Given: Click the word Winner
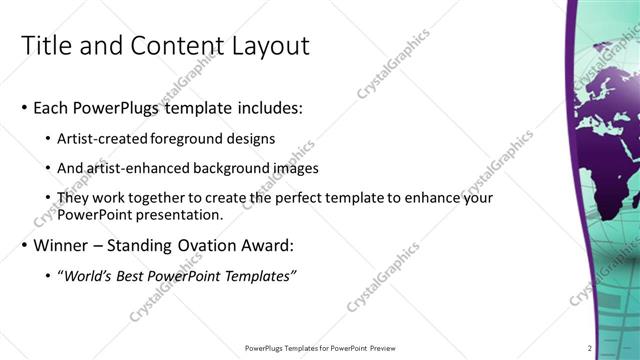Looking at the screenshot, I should pyautogui.click(x=63, y=245).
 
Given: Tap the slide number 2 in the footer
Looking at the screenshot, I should pyautogui.click(x=590, y=348).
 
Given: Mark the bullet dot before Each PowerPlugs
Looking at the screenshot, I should pyautogui.click(x=24, y=108).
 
